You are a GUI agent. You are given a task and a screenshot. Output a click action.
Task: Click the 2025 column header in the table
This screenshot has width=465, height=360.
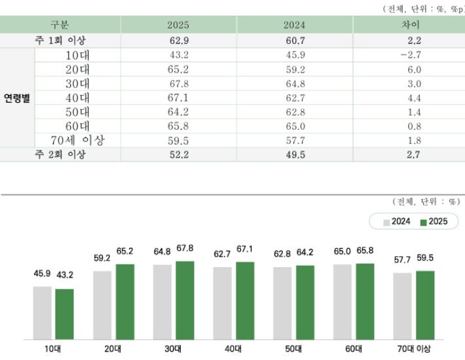(x=178, y=25)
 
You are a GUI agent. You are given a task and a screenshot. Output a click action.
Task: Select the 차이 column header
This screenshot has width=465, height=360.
(x=409, y=25)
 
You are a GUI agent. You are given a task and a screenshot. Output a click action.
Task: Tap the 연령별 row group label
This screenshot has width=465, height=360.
(x=17, y=98)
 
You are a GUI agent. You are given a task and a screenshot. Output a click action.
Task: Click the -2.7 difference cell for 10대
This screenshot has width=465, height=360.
(x=409, y=54)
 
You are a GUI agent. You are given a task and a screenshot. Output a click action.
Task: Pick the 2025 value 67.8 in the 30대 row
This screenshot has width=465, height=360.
(x=178, y=83)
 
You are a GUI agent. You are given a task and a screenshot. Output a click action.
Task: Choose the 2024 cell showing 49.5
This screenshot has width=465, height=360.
(x=295, y=154)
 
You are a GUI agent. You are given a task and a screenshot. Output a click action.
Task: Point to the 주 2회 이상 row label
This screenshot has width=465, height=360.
(x=60, y=154)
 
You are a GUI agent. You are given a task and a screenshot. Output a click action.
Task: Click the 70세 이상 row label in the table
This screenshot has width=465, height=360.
(x=79, y=140)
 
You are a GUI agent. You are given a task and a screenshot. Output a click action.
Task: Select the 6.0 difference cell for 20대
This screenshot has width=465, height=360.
(x=409, y=69)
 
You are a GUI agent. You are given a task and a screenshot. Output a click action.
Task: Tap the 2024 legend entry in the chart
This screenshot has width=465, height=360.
(x=398, y=222)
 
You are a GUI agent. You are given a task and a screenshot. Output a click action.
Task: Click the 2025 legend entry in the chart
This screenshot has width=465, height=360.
(x=434, y=222)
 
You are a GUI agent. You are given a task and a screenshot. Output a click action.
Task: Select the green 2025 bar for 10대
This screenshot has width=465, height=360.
(x=65, y=314)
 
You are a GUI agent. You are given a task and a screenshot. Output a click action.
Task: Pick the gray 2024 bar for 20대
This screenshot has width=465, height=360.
(x=102, y=305)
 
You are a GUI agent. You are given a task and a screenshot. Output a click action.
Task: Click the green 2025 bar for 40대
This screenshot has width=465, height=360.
(x=245, y=300)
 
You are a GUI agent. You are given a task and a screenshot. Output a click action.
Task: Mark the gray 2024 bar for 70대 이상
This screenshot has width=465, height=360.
(x=402, y=306)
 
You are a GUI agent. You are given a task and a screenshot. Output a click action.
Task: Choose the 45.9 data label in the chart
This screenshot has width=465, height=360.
(x=42, y=274)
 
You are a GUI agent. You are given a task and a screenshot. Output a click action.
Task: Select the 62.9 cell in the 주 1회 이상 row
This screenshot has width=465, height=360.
(x=178, y=40)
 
